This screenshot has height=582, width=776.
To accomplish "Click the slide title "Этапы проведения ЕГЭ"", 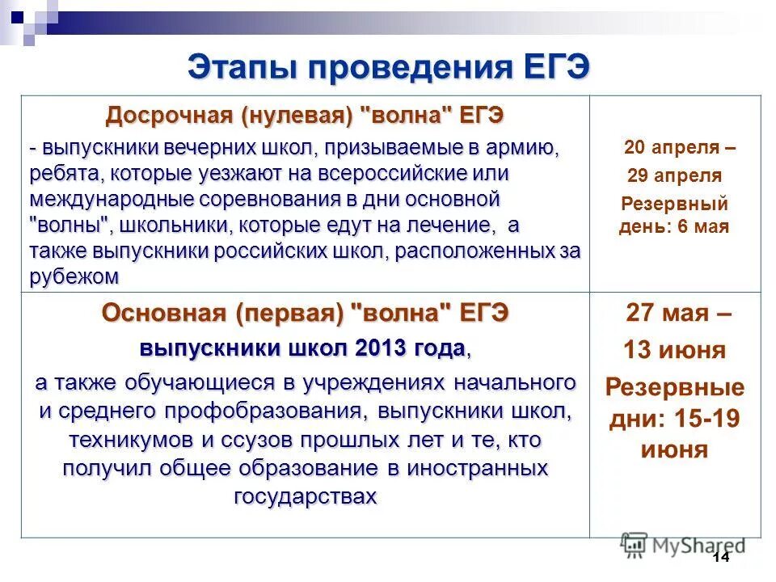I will tap(388, 67).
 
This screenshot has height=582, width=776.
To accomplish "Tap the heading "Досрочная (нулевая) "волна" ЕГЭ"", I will tap(305, 116).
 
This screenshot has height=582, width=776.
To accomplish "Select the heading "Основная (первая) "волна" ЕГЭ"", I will tap(305, 314).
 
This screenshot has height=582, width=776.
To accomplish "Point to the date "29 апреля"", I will tap(675, 176).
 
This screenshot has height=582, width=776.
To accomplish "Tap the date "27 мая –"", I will tap(680, 314).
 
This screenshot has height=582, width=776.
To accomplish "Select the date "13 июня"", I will tap(675, 350).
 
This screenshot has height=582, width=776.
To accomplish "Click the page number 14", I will tap(721, 559).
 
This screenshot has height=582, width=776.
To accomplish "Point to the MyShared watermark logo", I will tap(684, 546).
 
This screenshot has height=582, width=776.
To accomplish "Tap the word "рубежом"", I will tap(74, 276).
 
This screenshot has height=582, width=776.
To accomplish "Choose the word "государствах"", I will tap(305, 496).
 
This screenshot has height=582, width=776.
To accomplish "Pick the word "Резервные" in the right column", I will tap(675, 386).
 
